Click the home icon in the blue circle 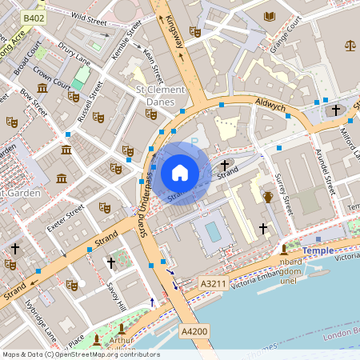tap(180, 173)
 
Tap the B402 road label tap(33, 17)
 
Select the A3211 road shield tap(213, 283)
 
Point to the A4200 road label tap(194, 331)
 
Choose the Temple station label tap(318, 250)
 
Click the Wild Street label tap(89, 16)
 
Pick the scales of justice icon tap(350, 45)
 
